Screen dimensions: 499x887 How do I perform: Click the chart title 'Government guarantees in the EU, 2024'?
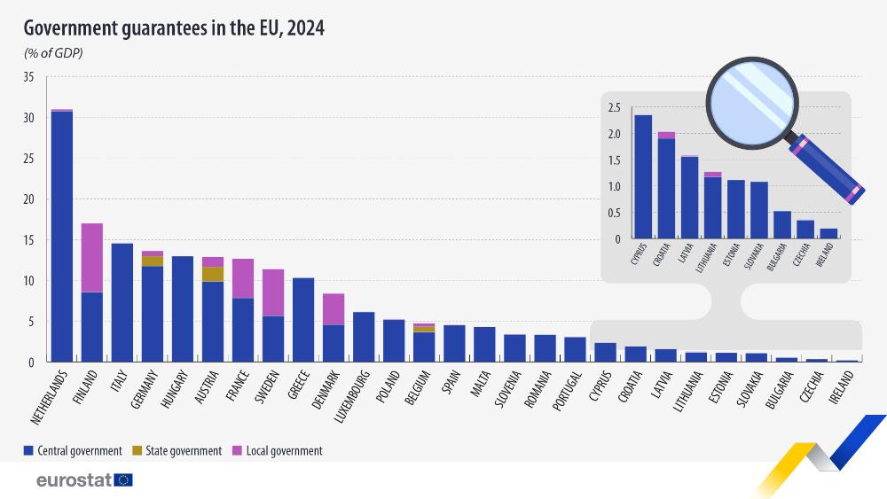(x=174, y=28)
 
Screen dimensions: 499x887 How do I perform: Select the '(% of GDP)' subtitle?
(x=53, y=54)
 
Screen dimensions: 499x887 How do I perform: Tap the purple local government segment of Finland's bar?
(x=92, y=257)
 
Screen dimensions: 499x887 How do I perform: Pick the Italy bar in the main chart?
(x=122, y=302)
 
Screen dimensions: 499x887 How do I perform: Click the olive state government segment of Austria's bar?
(x=213, y=274)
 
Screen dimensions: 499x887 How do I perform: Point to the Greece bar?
(x=303, y=319)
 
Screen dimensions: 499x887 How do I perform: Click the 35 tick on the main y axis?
(x=28, y=77)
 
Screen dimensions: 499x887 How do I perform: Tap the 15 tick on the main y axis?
(x=28, y=240)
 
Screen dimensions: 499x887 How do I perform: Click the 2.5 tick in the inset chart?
(x=615, y=108)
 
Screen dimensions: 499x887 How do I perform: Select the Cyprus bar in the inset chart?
(x=643, y=177)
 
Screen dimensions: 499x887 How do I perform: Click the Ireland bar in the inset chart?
(x=828, y=234)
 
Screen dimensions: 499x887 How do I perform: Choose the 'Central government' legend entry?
(x=73, y=450)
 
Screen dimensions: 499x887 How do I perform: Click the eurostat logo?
(x=84, y=480)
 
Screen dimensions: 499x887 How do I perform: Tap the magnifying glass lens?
(x=751, y=100)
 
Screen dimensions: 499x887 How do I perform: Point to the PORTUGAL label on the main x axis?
(x=567, y=391)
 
